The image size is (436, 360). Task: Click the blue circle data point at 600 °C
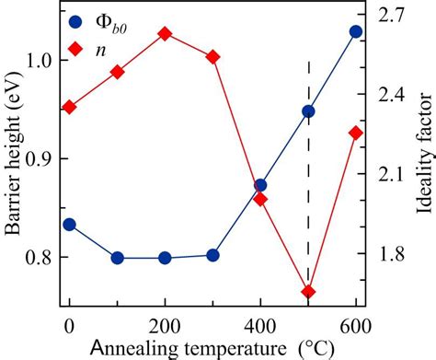356,32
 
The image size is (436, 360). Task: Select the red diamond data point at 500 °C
308,292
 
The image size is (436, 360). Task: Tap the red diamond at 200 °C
165,34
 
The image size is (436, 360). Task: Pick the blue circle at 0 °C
69,225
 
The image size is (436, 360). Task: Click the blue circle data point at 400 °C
260,185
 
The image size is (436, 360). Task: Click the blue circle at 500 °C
308,112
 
